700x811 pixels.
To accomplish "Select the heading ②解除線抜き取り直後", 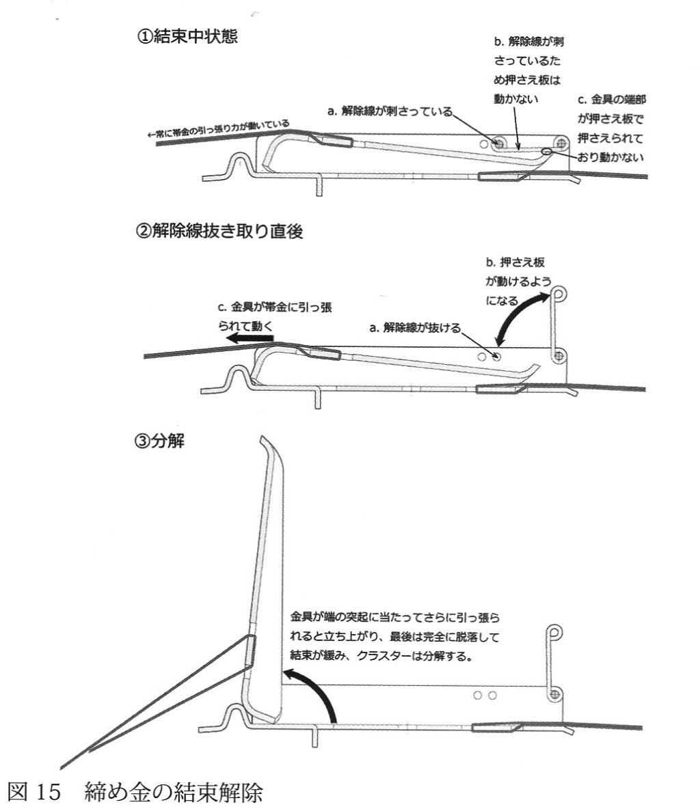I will point(219,231).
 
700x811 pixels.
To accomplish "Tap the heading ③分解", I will point(162,441).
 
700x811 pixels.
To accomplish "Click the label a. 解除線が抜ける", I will point(414,328).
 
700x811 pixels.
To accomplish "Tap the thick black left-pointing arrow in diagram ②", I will point(252,338).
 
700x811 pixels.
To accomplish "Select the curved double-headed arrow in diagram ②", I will point(523,318).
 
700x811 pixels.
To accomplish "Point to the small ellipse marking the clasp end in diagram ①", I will point(546,151).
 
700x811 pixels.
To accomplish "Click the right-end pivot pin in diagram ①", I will point(562,143).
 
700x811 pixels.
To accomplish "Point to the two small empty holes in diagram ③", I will point(485,695).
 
